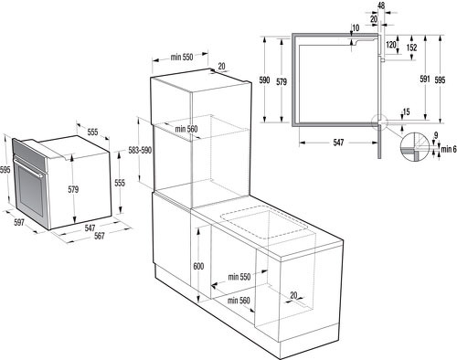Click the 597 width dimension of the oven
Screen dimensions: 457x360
click(19, 222)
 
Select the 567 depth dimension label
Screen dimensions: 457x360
click(100, 236)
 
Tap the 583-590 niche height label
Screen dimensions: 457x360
click(140, 150)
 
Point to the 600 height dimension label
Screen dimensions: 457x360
click(198, 266)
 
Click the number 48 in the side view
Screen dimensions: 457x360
click(381, 5)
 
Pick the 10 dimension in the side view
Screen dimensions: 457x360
click(356, 28)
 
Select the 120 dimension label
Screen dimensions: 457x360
click(391, 45)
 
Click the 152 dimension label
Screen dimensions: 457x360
click(411, 48)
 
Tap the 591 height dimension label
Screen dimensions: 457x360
click(425, 79)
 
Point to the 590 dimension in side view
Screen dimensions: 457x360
click(264, 80)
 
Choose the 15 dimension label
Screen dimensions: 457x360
click(406, 112)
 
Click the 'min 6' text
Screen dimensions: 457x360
click(449, 149)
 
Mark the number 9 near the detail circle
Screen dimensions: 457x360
click(436, 135)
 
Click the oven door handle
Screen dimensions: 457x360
click(28, 167)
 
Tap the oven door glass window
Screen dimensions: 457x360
click(30, 191)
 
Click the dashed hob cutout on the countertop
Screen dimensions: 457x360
click(264, 222)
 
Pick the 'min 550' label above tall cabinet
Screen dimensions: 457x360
click(182, 57)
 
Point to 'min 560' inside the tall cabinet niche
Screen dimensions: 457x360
click(186, 129)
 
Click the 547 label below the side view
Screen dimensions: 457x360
click(338, 143)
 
